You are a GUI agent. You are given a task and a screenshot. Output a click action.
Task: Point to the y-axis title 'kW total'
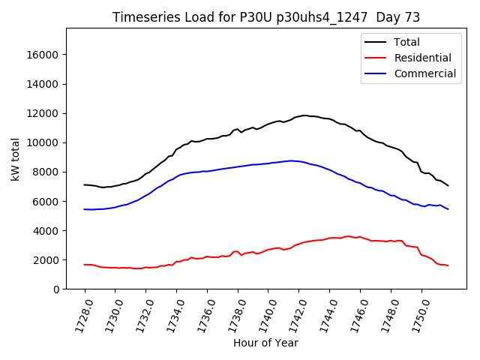click(15, 159)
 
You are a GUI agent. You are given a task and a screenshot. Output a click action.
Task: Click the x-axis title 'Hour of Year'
click(265, 343)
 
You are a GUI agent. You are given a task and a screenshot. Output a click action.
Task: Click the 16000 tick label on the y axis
click(43, 55)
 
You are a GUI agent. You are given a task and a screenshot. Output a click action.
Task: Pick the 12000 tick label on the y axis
click(43, 113)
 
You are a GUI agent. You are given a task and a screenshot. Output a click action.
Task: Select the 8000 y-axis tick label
click(46, 172)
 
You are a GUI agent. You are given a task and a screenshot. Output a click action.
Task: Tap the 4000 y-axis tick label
click(46, 230)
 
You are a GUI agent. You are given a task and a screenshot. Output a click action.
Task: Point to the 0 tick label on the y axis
click(56, 289)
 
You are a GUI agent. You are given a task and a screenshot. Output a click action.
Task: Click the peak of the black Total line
click(304, 115)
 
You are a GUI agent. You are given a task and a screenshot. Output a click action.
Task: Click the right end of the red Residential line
click(448, 266)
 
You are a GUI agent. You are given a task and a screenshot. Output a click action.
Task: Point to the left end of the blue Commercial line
click(84, 209)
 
